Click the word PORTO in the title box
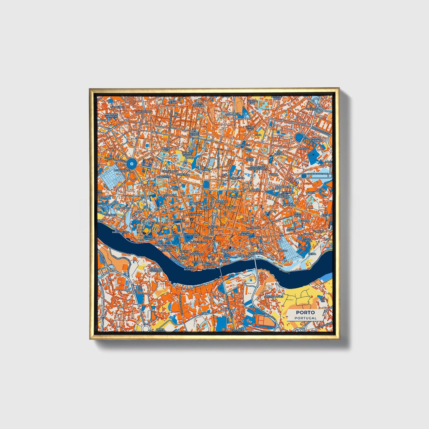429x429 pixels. pos(305,312)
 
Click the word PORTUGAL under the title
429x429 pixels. pos(305,318)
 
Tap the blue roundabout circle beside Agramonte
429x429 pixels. pos(132,163)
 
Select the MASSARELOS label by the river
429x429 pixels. pos(121,232)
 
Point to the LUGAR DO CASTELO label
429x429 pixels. pos(156,270)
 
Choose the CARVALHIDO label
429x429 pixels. pos(143,112)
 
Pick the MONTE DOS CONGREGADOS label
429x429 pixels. pos(257,168)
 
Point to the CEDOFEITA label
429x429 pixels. pos(164,177)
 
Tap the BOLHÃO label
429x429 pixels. pos(230,207)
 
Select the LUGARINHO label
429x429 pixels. pos(116,107)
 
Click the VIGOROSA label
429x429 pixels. pos(314,109)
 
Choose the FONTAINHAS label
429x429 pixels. pos(255,254)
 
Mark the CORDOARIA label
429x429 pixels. pos(191,235)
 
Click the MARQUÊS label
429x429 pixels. pos(243,145)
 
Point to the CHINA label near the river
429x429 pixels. pos(312,254)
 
